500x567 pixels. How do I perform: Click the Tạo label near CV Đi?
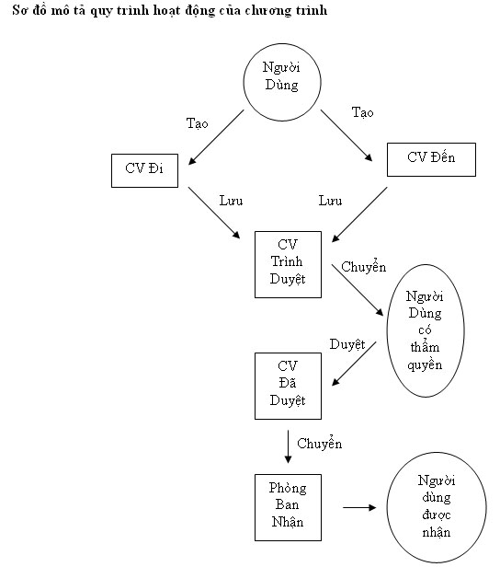pyautogui.click(x=197, y=124)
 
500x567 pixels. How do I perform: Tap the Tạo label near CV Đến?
pyautogui.click(x=362, y=113)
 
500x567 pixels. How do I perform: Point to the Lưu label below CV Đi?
pyautogui.click(x=231, y=201)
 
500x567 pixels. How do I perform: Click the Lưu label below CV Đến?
pyautogui.click(x=330, y=201)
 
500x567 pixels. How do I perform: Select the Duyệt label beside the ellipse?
pyautogui.click(x=347, y=344)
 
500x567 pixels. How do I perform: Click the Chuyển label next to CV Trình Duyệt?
pyautogui.click(x=364, y=266)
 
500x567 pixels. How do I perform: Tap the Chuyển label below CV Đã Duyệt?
pyautogui.click(x=320, y=443)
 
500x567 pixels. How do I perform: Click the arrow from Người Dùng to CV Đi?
pyautogui.click(x=216, y=137)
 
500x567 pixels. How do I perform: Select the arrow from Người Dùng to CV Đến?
pyautogui.click(x=347, y=135)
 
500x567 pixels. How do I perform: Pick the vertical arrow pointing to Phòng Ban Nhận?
pyautogui.click(x=288, y=447)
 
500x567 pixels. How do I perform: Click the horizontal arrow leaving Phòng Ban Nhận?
pyautogui.click(x=359, y=508)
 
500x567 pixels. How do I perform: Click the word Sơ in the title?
pyautogui.click(x=20, y=10)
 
